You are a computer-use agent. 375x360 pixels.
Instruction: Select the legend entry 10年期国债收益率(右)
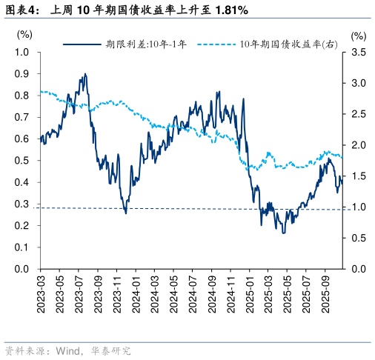point(289,44)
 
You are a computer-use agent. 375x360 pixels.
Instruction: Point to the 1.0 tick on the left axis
point(22,53)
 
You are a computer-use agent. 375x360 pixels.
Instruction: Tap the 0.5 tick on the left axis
point(22,161)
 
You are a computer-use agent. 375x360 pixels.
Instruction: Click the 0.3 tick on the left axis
point(22,204)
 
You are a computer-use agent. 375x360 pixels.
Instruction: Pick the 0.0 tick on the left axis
point(22,269)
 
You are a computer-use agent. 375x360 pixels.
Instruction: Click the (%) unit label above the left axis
point(24,34)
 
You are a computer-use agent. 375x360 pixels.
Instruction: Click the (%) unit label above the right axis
point(359,35)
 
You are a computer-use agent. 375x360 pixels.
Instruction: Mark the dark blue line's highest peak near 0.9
point(85,74)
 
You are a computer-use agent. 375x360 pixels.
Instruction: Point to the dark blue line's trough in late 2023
point(125,213)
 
